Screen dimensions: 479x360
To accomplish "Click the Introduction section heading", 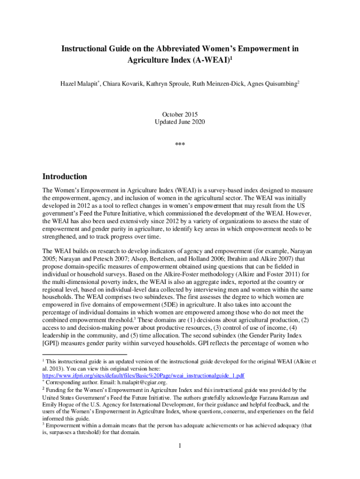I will click(x=65, y=177).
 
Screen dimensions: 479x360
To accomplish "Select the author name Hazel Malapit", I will click(x=79, y=84).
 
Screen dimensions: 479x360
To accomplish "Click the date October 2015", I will click(x=180, y=114).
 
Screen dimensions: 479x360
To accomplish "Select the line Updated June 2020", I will click(x=180, y=122).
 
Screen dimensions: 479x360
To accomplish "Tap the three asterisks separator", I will click(x=180, y=145).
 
